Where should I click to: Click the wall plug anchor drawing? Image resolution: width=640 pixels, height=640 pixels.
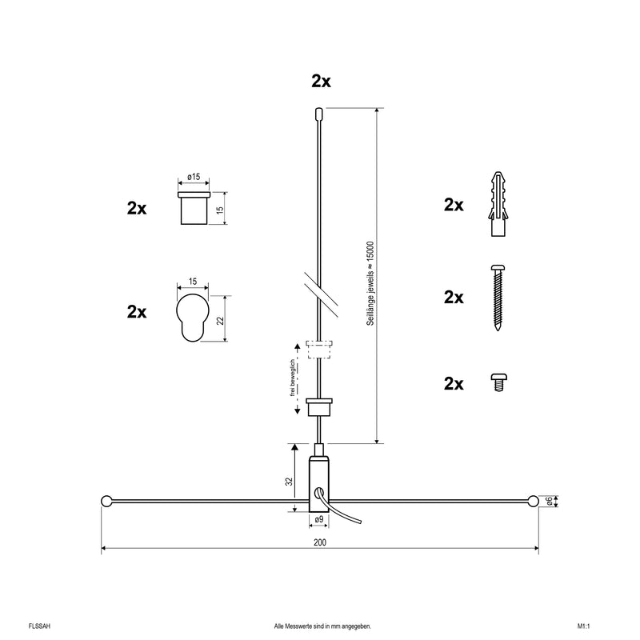pos(498,204)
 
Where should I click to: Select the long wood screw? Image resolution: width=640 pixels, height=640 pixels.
pos(498,298)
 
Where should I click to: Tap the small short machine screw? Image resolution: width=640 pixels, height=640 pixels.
pos(498,382)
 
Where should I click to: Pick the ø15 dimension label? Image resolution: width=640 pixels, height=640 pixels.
pos(194,177)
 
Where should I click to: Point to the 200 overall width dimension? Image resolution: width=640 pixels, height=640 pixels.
pos(320,542)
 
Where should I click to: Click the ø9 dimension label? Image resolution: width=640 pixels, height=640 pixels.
pos(319,519)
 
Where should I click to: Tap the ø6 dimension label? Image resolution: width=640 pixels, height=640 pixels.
pos(550,502)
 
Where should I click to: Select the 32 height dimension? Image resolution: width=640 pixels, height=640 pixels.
pos(289,482)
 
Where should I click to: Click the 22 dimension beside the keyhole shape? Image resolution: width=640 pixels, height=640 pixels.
pos(221,320)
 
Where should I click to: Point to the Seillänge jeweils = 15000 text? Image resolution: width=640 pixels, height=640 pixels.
pos(370,283)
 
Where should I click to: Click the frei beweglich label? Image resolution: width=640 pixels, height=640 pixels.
pos(292,378)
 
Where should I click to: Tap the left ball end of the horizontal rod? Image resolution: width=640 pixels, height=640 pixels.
pos(106,501)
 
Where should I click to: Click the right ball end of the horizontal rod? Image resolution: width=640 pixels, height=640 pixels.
pos(533,501)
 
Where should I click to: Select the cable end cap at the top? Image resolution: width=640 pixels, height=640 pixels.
pos(318,114)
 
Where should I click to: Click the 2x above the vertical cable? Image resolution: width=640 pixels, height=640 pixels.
pos(322,82)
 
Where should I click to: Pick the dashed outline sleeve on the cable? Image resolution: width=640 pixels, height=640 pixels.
pos(319,349)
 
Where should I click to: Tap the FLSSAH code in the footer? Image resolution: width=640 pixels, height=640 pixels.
pos(39,626)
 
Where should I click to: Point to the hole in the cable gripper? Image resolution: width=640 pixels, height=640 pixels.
pos(318,493)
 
